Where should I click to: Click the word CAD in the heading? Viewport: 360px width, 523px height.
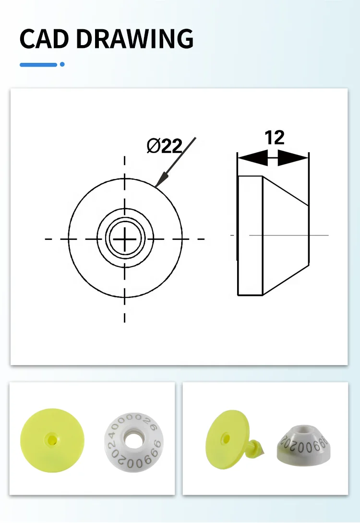coord(45,39)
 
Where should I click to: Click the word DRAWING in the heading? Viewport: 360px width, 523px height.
coord(135,39)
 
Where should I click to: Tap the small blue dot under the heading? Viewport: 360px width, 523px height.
coord(62,64)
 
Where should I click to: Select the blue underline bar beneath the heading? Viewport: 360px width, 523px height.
coord(38,64)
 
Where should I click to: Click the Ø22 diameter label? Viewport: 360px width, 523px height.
coord(164,146)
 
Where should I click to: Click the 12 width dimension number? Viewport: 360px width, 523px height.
coord(274,138)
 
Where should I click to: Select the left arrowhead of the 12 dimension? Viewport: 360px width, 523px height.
coord(252,158)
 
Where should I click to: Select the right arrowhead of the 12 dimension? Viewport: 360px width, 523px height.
coord(294,158)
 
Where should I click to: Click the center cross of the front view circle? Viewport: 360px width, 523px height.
coord(125,238)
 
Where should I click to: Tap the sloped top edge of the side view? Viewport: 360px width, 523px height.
coord(286,190)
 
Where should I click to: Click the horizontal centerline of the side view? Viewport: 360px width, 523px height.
coord(288,235)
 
